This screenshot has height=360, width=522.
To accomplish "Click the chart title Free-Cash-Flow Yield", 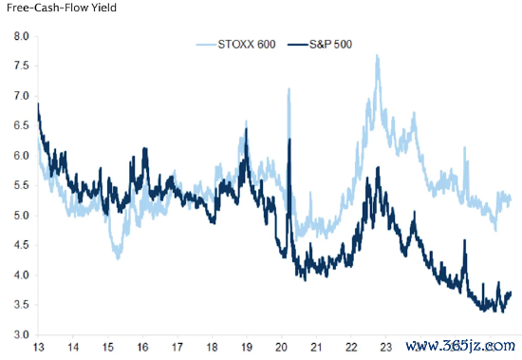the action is point(62,8).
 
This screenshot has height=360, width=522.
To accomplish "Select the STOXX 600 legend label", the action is point(247,45).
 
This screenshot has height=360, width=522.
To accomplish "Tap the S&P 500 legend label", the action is point(330,45).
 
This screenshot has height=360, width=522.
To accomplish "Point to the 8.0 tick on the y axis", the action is point(21,36).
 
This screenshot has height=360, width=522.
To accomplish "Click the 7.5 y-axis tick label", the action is point(21,66).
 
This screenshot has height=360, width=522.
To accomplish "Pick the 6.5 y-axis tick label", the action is point(21,125).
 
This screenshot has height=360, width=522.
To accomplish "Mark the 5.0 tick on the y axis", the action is point(21,216).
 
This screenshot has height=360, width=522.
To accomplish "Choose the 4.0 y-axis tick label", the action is point(21,275).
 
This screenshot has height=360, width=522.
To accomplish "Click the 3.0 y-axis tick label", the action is point(21,334).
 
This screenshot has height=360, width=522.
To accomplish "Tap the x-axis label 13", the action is point(38,348).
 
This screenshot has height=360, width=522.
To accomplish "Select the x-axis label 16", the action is point(142,348).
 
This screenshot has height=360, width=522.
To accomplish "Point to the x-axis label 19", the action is point(247,348).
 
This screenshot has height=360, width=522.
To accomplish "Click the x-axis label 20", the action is point(281,348).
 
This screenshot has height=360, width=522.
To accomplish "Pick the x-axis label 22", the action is point(351,348).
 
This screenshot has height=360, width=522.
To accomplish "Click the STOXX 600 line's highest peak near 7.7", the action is point(377,55).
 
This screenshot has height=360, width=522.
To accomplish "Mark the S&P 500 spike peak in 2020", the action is point(289,139).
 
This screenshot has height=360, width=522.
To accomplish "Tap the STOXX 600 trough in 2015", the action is point(118,258).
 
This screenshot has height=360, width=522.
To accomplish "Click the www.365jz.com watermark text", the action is point(460,346).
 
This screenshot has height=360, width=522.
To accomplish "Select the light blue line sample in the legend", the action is point(206,45).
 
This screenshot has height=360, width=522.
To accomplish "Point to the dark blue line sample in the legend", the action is point(298,45).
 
